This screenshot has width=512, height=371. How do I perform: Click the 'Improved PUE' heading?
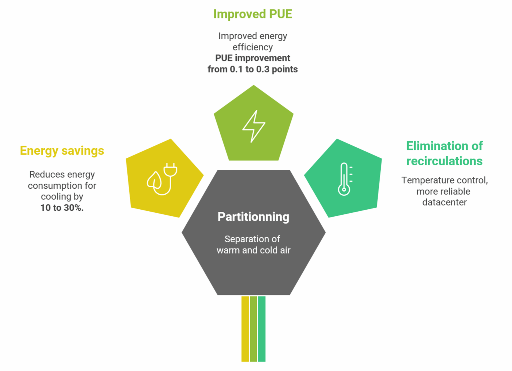252,14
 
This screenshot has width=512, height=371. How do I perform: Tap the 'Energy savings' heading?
62,151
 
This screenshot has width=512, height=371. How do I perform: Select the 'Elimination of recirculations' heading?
444,153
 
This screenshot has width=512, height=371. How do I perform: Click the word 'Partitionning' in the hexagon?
253,217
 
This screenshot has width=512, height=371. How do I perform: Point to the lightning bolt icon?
254,126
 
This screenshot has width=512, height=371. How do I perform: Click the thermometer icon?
345,179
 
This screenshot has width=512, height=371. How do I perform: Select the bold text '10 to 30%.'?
62,208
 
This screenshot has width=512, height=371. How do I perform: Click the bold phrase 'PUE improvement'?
252,58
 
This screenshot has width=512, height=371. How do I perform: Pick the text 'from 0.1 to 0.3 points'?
252,69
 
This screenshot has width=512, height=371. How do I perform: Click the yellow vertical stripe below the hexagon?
245,329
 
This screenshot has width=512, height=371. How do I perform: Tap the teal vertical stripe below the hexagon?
262,329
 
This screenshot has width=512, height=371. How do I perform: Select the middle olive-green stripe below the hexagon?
253,329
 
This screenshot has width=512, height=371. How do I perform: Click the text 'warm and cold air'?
253,250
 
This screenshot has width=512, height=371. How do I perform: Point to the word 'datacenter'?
444,202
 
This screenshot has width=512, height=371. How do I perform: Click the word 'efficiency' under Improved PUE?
252,47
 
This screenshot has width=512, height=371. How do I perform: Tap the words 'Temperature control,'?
444,180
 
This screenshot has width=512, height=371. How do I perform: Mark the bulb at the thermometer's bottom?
344,190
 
